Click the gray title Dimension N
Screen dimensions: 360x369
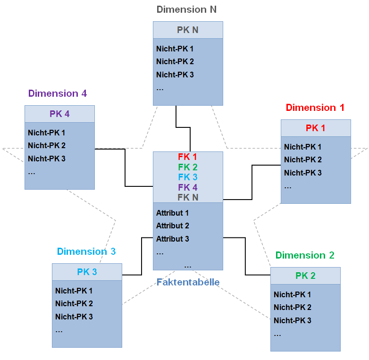(x=186, y=9)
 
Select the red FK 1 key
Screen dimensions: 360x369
(x=188, y=157)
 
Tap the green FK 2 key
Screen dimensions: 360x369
(x=188, y=167)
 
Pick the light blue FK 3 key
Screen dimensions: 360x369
(x=188, y=177)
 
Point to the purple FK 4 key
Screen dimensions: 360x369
(x=188, y=188)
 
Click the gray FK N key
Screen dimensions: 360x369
(x=188, y=198)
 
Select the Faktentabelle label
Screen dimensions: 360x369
(x=188, y=283)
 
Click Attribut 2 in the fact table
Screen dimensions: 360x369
(x=173, y=226)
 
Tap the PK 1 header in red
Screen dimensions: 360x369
(x=316, y=128)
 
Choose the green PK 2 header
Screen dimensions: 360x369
(x=305, y=276)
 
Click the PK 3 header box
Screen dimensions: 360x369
(x=87, y=272)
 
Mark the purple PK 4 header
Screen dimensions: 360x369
(x=59, y=114)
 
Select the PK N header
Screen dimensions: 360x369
(x=188, y=30)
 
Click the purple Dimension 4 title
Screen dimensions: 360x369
(x=58, y=93)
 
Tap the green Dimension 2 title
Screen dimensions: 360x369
(x=305, y=255)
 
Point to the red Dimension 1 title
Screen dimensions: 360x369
(x=315, y=108)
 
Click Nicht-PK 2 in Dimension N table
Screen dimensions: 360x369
(x=175, y=62)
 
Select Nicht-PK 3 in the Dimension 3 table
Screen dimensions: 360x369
(x=74, y=317)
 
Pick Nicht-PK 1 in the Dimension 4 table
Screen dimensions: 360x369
(x=47, y=133)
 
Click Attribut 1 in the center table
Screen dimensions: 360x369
(x=173, y=213)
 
